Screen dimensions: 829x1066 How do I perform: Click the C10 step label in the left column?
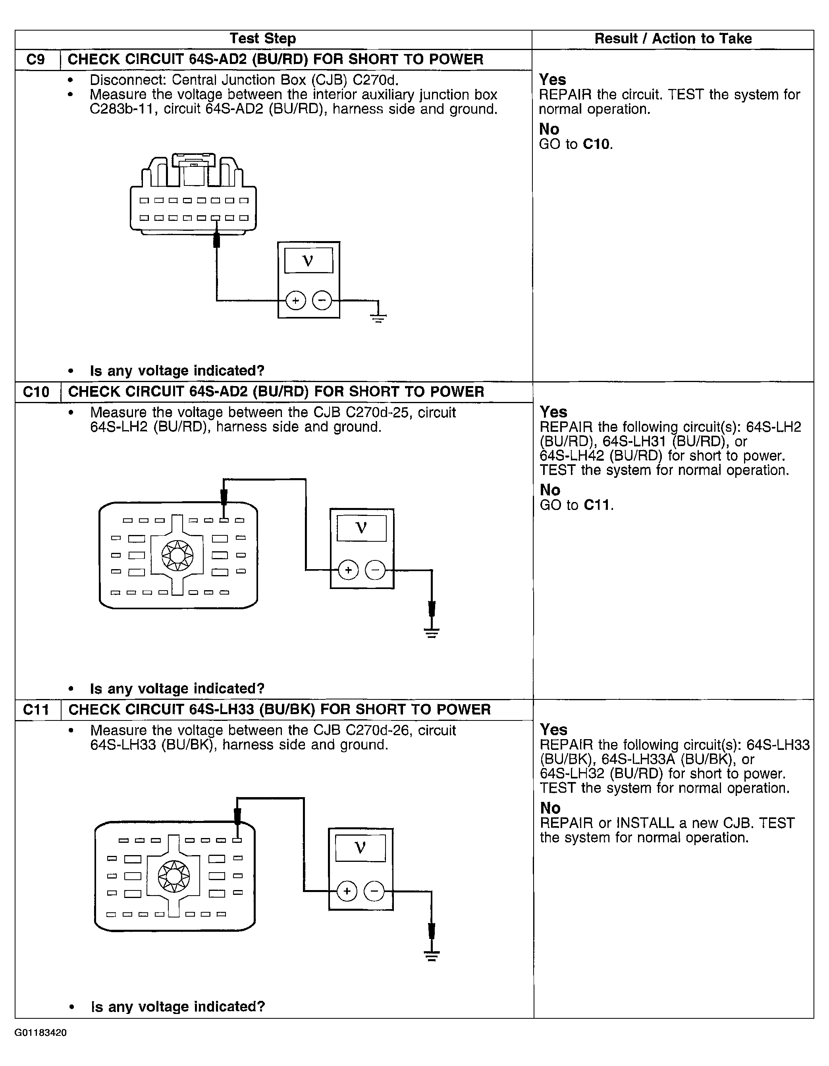point(36,392)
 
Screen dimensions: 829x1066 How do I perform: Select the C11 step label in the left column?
point(36,710)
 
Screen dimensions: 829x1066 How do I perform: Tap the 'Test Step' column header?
point(262,39)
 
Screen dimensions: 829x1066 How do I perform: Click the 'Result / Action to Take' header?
point(673,39)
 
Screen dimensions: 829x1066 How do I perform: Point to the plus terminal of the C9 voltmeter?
point(296,300)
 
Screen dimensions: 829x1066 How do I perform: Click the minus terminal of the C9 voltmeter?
point(322,300)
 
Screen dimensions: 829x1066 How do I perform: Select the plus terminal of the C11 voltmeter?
point(347,892)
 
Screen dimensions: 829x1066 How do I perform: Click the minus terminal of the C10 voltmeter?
point(375,570)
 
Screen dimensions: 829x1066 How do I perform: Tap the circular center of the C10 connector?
point(177,556)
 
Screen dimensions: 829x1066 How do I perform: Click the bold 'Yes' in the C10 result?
point(553,412)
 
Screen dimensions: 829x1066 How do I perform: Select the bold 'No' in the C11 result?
point(550,808)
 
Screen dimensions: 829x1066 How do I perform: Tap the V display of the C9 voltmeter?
point(308,261)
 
